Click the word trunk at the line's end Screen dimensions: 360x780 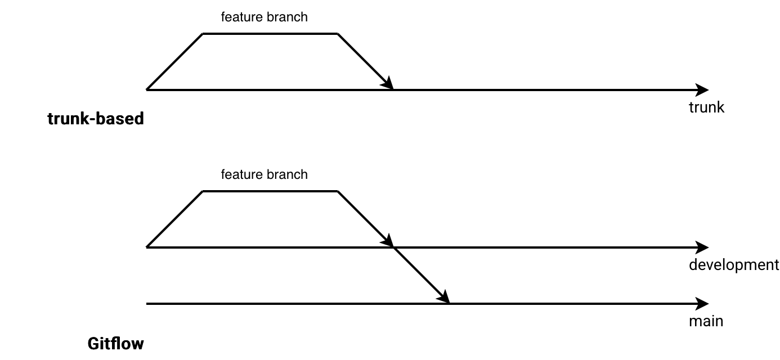706,107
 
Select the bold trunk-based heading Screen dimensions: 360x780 96,119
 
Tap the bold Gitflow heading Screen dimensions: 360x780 115,344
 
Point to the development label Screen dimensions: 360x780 734,265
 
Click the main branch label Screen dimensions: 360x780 706,322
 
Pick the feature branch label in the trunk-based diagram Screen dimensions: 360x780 265,17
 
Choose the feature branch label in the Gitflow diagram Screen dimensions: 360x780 265,174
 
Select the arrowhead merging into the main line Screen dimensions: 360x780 445,298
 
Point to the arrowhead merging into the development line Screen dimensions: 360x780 388,242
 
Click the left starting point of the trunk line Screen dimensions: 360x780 147,89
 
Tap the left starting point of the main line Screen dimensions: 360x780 147,304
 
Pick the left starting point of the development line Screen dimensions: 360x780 147,247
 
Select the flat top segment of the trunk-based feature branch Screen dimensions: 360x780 270,34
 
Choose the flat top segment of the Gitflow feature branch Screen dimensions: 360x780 270,191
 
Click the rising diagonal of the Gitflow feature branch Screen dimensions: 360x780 174,219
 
